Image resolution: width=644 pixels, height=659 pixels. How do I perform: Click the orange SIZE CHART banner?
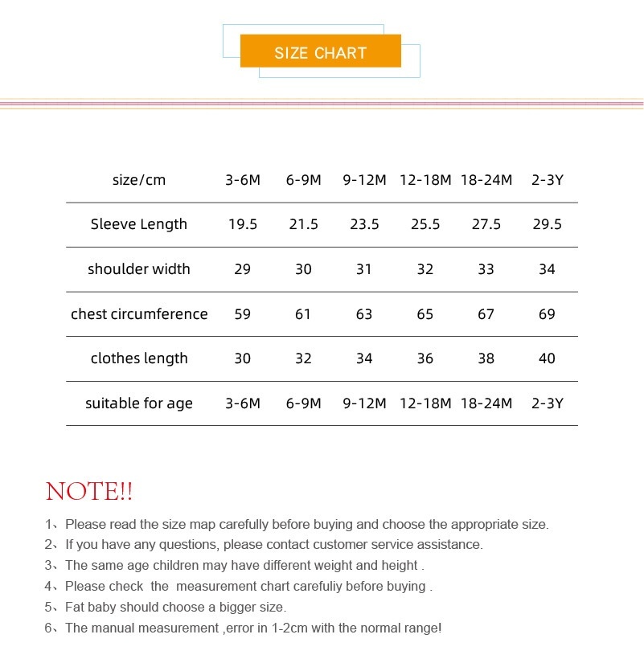(320, 52)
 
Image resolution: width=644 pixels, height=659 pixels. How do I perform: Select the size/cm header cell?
(139, 180)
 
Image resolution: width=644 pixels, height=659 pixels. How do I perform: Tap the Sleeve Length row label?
(139, 224)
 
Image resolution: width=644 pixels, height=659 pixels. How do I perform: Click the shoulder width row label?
(139, 269)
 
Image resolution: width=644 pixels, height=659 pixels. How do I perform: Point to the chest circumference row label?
(139, 314)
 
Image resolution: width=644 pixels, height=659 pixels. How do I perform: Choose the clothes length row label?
(139, 358)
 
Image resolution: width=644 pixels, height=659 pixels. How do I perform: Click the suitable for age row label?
(139, 403)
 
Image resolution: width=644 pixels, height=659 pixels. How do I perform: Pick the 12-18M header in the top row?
(425, 180)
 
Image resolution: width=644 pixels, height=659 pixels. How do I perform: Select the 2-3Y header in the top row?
(547, 180)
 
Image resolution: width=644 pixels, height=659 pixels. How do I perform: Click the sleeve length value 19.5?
(242, 224)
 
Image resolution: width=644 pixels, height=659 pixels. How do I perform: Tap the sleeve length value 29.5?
(547, 224)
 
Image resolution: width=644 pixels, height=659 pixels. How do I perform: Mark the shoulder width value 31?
(364, 269)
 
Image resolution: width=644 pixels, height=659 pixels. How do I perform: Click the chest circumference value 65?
(425, 314)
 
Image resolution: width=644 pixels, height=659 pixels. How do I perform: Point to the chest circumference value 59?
(242, 314)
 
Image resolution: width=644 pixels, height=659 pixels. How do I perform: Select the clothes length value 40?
(547, 358)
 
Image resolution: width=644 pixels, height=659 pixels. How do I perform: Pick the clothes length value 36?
(425, 358)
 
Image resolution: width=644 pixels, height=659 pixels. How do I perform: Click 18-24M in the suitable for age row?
(486, 403)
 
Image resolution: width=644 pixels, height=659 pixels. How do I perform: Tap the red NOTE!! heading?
(89, 491)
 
